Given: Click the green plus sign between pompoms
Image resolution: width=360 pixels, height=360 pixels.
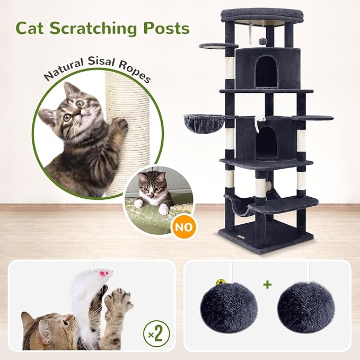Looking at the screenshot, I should click(x=268, y=285).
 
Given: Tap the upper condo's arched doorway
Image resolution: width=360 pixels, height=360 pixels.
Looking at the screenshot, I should click(x=265, y=72).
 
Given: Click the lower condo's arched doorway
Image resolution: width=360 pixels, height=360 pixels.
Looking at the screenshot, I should click(x=266, y=143).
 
